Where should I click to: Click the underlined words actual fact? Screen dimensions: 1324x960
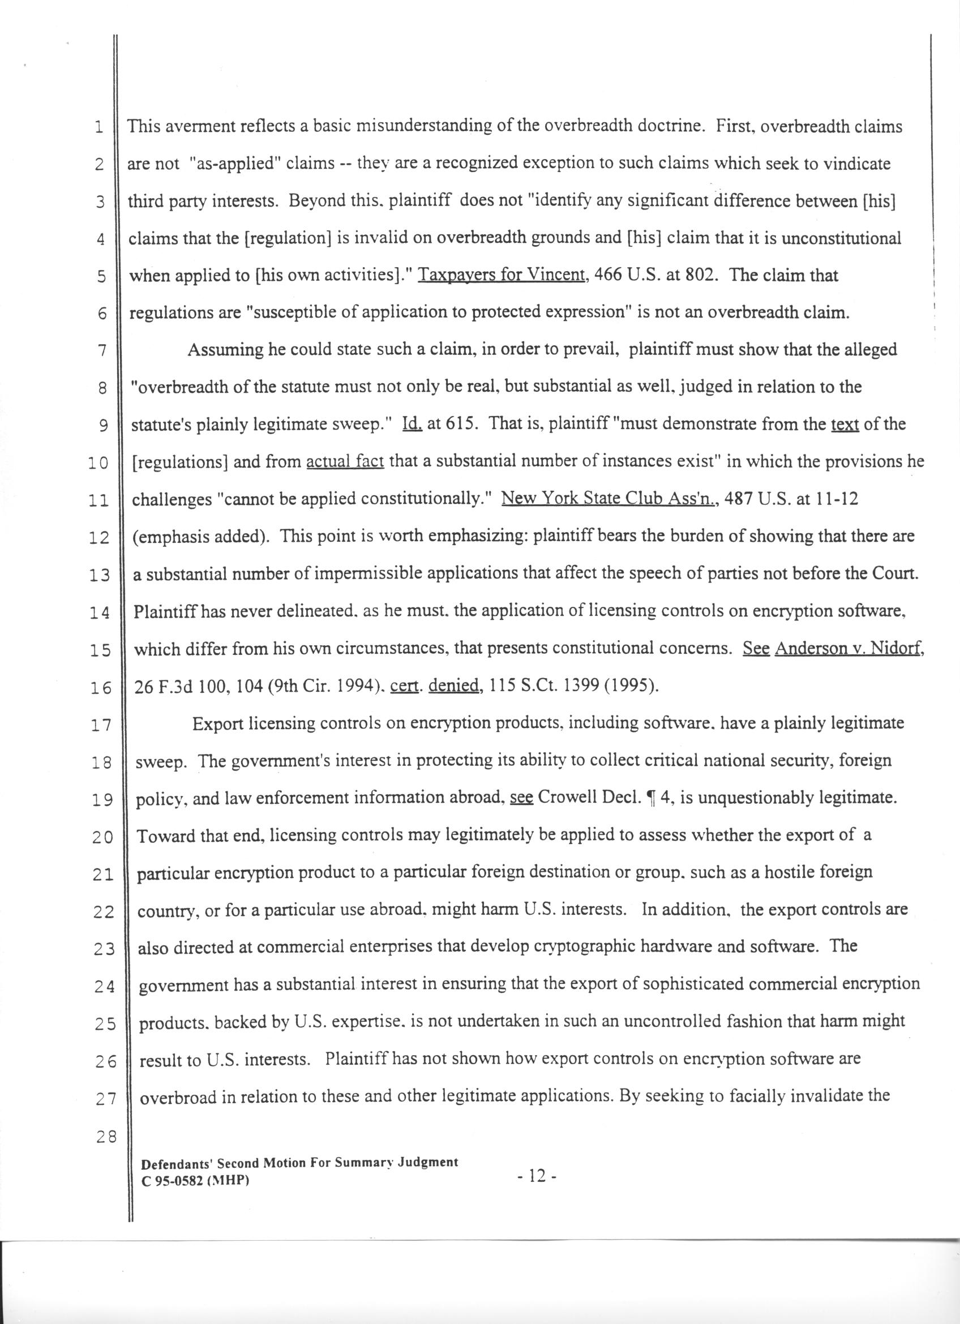(x=345, y=461)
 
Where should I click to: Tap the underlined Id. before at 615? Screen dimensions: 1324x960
(x=413, y=424)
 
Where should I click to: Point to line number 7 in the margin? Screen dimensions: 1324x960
(x=101, y=351)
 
